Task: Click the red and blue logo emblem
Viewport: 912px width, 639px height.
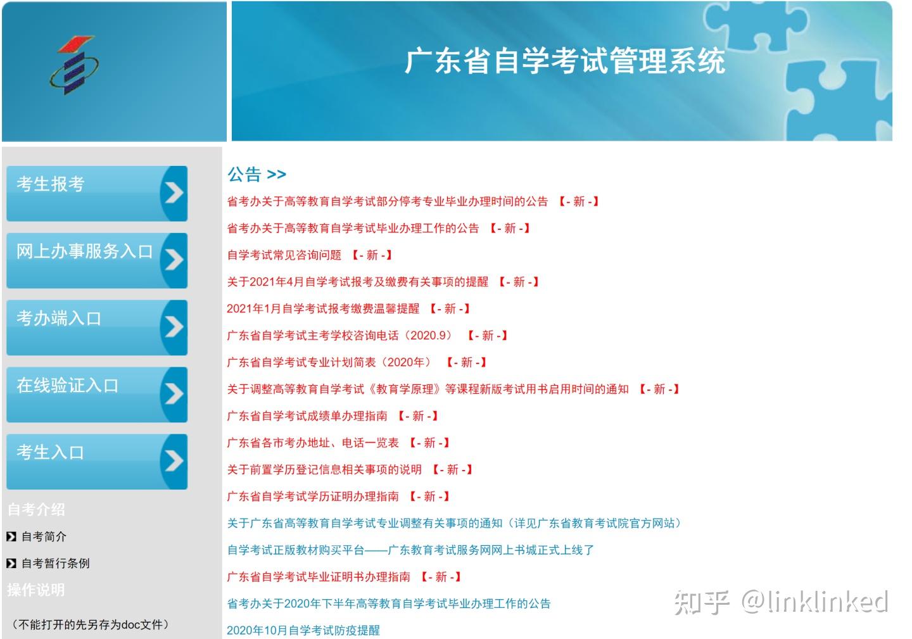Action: [74, 65]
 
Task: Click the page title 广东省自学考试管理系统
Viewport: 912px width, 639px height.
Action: [565, 61]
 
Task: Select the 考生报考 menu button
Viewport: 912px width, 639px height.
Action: [97, 193]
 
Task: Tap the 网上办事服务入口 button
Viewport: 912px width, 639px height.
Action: [97, 260]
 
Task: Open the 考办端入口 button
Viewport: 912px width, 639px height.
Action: [97, 327]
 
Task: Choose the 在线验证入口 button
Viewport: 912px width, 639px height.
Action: [97, 395]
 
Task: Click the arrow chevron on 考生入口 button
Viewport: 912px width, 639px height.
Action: [174, 461]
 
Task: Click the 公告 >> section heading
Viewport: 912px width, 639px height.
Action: [257, 174]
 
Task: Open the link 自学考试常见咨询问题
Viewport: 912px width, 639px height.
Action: [284, 255]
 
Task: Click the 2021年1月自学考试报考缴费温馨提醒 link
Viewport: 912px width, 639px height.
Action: [323, 309]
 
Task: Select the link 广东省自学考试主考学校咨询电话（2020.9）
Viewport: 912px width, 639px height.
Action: [340, 336]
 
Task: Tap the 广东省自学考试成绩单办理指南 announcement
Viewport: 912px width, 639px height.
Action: [307, 416]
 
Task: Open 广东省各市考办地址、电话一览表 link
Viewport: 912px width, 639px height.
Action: [313, 443]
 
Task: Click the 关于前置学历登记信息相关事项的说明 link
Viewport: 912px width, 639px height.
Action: [324, 470]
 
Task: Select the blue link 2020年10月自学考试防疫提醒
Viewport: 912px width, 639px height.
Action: [303, 631]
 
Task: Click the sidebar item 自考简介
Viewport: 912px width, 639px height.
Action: [44, 537]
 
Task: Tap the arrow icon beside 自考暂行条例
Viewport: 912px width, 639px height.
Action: [11, 563]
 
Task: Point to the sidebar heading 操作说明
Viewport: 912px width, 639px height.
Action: [36, 590]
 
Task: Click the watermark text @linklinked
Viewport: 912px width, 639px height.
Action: [814, 602]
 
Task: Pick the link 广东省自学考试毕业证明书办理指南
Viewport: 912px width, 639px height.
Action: [319, 577]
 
